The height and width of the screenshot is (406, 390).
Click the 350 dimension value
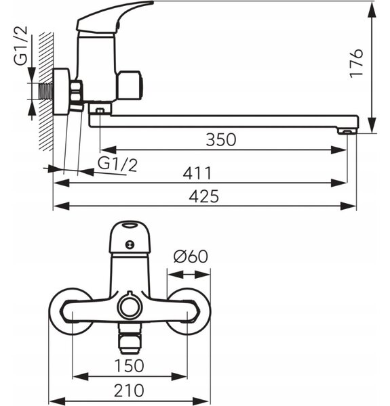(221, 140)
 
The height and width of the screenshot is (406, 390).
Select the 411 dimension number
(197, 173)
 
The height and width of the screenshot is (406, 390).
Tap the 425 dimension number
(204, 196)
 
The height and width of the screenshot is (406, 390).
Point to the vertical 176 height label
(356, 63)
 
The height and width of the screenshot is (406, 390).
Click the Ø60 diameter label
(191, 256)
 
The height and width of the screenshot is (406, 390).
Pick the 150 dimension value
(130, 365)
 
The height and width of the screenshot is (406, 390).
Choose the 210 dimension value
(129, 390)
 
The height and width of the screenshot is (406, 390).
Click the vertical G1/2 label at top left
(20, 45)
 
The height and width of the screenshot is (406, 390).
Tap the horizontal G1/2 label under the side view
(117, 164)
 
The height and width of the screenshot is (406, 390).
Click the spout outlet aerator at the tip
(347, 132)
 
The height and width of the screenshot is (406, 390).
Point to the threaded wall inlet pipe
(46, 91)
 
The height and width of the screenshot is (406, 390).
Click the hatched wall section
(46, 91)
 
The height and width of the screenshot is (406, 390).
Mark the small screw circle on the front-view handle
(130, 244)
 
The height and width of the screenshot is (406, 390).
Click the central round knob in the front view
(130, 307)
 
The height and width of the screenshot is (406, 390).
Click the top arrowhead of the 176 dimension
(372, 11)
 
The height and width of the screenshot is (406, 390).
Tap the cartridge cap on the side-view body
(129, 86)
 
